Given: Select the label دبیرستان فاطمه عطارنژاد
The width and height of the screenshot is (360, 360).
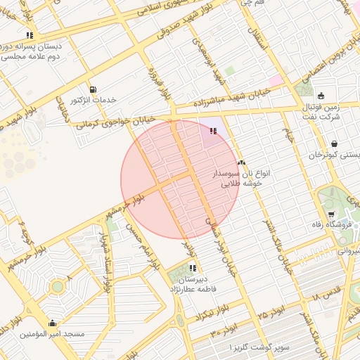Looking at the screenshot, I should [192, 283].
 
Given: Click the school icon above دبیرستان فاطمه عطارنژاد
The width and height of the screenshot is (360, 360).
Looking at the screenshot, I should [192, 268].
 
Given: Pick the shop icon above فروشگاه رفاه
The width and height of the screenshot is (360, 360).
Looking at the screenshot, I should [331, 214].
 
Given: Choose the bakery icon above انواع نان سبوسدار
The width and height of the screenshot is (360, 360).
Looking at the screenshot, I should [241, 162].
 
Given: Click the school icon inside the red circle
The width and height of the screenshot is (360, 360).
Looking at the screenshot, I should [213, 130].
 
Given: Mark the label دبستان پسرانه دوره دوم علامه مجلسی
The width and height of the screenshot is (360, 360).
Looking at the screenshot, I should [32, 51].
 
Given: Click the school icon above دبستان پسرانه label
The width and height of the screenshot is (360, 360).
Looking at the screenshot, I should [29, 34].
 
